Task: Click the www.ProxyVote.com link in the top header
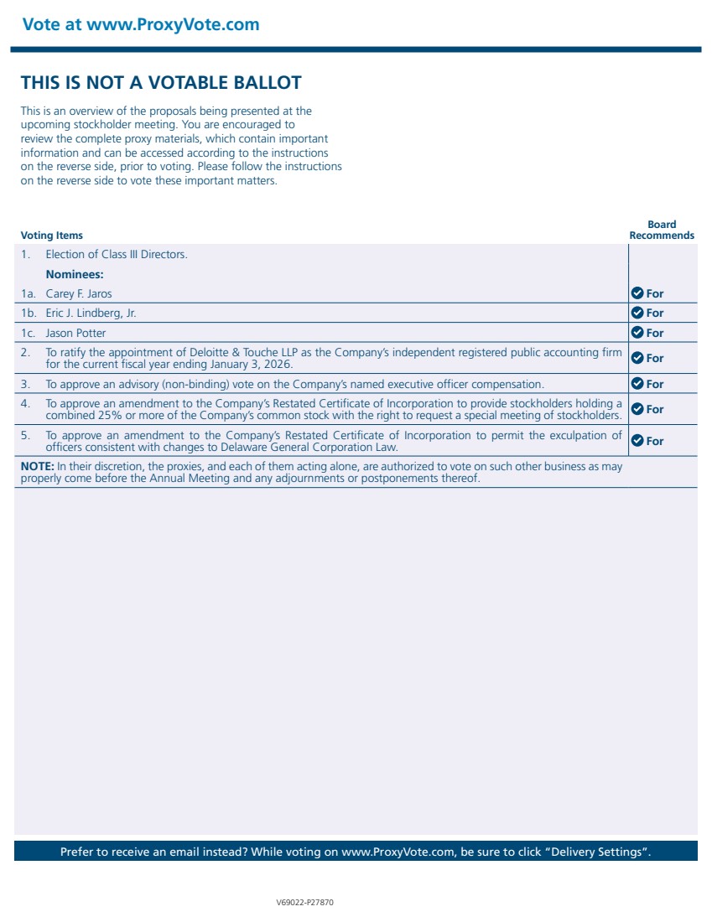173,24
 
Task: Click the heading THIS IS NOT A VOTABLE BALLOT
161,82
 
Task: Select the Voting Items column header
51,236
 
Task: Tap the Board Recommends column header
662,230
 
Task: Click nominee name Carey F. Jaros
78,293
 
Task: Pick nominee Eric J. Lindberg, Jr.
91,313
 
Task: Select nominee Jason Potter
75,333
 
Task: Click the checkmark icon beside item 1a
637,293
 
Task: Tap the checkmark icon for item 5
637,441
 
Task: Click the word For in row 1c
655,333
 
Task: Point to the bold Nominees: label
74,274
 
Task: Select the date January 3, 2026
251,365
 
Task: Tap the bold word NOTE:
37,466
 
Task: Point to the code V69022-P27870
305,904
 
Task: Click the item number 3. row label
26,384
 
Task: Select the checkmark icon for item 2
637,358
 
